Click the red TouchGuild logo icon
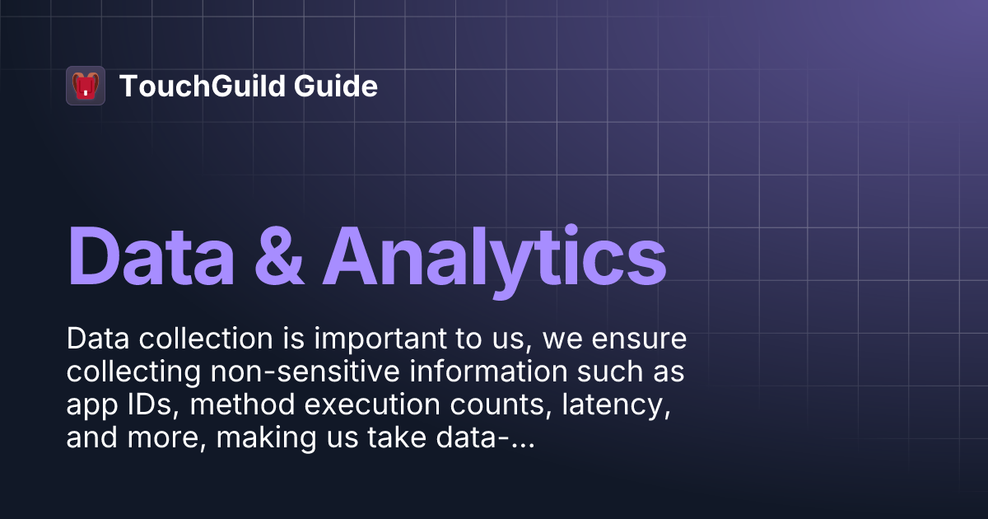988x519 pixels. click(86, 86)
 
